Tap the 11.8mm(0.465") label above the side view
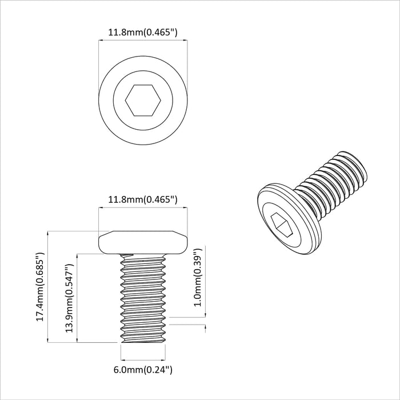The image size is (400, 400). [x=142, y=199]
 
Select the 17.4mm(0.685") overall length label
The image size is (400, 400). [x=41, y=286]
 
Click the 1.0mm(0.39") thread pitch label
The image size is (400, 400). [x=197, y=277]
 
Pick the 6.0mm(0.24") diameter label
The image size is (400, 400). [x=142, y=370]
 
